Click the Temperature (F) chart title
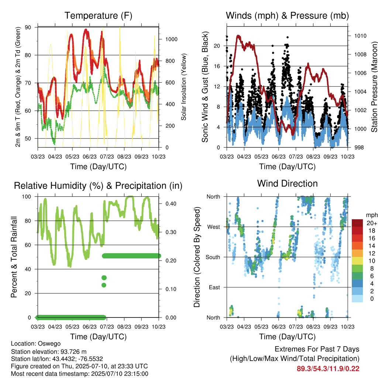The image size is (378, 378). click(98, 16)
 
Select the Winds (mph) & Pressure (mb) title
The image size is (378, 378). click(287, 16)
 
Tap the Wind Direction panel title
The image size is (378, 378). click(287, 183)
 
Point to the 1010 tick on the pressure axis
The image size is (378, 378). click(360, 36)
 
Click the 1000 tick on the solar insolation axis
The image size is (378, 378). click(171, 39)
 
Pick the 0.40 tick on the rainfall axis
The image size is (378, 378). click(171, 204)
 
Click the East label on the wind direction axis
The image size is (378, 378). click(214, 287)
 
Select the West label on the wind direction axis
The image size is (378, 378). click(214, 227)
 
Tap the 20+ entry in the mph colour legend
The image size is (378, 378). click(372, 223)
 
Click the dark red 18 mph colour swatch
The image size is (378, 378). click(357, 231)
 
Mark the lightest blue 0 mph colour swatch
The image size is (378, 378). click(357, 299)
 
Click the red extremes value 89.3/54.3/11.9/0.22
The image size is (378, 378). click(328, 369)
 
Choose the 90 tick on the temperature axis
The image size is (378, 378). click(28, 27)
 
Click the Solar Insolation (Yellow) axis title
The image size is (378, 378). click(184, 87)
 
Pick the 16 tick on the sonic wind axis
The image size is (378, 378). click(217, 66)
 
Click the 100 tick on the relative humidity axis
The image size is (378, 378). click(27, 197)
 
